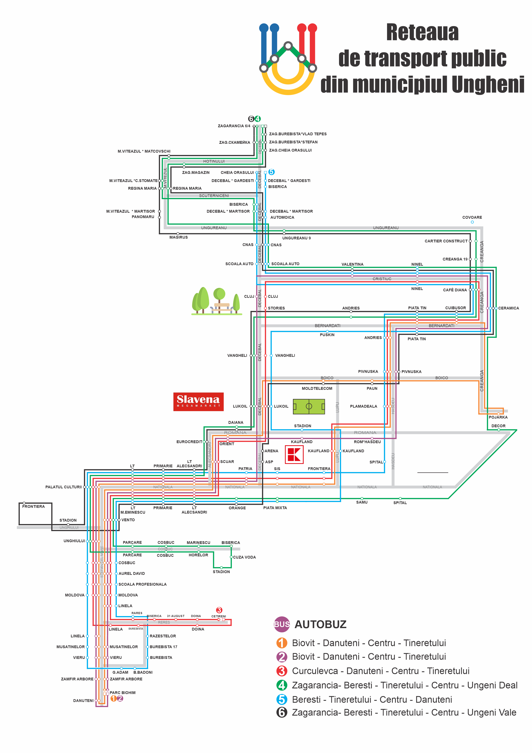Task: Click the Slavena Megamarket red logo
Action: tap(198, 401)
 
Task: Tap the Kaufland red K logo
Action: tap(294, 455)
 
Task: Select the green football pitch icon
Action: tap(309, 406)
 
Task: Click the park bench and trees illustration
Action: tap(217, 301)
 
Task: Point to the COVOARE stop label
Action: tap(472, 217)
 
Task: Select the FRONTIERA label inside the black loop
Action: tap(33, 506)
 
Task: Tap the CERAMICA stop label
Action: tap(508, 308)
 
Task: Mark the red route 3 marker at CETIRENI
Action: tap(219, 610)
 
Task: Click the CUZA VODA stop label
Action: tap(244, 557)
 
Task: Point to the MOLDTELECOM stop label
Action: tap(317, 389)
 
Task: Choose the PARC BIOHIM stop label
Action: tap(123, 693)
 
